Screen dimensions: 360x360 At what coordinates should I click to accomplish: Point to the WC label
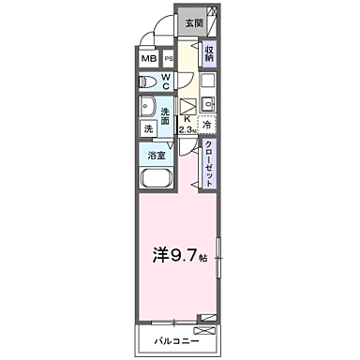click(165, 82)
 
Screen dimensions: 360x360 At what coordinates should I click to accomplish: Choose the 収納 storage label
click(211, 54)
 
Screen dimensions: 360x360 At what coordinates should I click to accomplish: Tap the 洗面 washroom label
click(165, 115)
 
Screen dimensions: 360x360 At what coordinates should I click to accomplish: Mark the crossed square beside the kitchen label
click(187, 104)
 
